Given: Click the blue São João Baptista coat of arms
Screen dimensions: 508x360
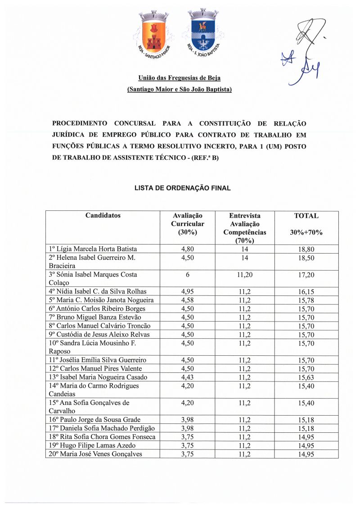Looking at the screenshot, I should (x=203, y=34).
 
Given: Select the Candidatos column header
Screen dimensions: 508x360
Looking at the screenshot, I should (x=103, y=216).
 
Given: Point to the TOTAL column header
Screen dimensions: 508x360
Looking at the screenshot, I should (x=306, y=216).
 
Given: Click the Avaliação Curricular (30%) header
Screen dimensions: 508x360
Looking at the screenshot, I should (x=188, y=224).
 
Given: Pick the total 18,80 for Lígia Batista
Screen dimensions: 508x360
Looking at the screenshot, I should (x=306, y=249).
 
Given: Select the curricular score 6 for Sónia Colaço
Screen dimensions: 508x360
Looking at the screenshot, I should (x=188, y=275).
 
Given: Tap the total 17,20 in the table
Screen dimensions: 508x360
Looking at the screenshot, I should (x=306, y=275).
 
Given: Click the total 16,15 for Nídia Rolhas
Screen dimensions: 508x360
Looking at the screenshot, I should (x=306, y=292).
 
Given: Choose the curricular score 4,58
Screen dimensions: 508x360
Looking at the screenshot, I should (x=188, y=300).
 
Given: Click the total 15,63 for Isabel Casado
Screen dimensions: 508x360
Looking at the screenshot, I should (x=306, y=377).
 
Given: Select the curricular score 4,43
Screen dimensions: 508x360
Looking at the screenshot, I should (x=188, y=377).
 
